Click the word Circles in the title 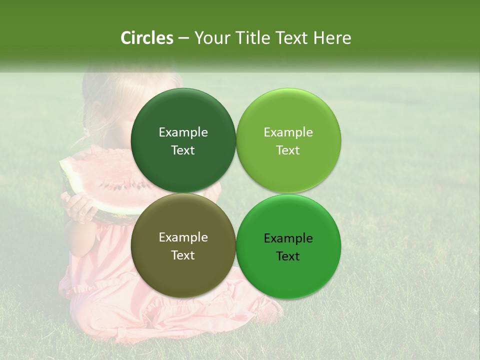point(147,38)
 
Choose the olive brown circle point(183,270)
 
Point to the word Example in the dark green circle point(183,132)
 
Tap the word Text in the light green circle point(288,150)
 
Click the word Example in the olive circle point(183,237)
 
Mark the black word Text point(288,256)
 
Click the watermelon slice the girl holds point(100,175)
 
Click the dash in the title point(183,38)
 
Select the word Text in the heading point(292,38)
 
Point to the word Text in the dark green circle point(183,150)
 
